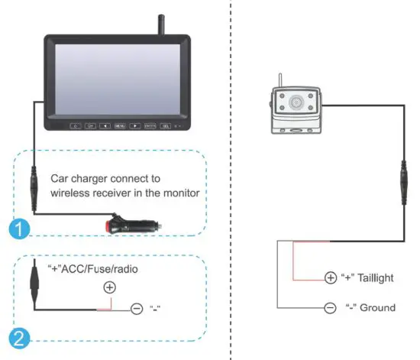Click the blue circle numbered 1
point(16,229)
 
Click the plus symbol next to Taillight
point(330,277)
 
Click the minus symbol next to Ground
point(330,307)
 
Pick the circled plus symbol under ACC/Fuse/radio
point(110,288)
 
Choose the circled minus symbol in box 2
point(137,309)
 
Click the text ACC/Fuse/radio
point(102,269)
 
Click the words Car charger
point(76,179)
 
